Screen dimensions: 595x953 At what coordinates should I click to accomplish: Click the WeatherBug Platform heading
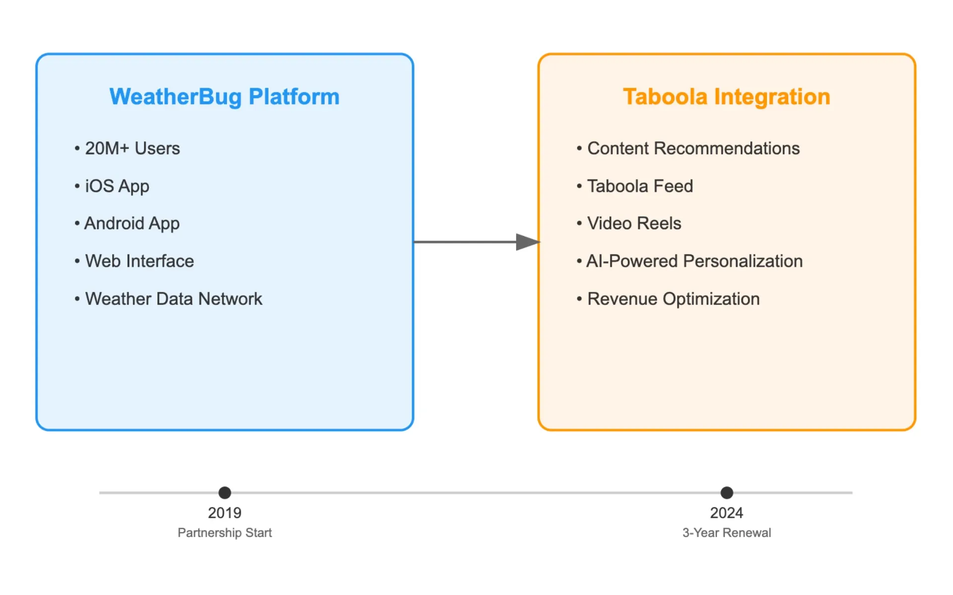click(x=224, y=97)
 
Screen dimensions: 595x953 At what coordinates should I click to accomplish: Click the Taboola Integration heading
click(x=726, y=97)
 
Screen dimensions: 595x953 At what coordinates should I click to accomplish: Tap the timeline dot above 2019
click(x=225, y=492)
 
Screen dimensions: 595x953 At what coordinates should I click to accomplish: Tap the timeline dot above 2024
click(x=727, y=492)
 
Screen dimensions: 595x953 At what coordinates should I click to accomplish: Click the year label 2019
click(x=225, y=513)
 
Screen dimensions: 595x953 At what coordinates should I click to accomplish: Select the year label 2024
click(x=727, y=513)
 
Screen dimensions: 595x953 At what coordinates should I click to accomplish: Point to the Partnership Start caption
click(x=225, y=533)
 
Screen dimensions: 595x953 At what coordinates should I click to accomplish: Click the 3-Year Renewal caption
click(x=727, y=533)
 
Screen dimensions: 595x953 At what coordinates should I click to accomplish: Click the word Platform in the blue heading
click(x=294, y=97)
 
